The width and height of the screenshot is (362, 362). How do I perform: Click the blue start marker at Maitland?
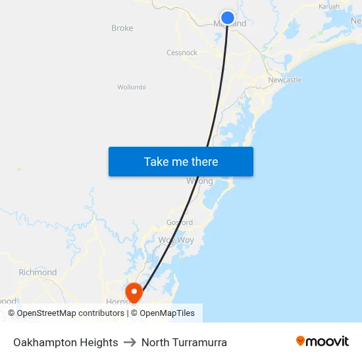coord(227,18)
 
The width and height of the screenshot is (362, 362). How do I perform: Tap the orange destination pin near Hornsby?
coord(134,291)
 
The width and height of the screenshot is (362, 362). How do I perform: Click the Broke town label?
coord(122,28)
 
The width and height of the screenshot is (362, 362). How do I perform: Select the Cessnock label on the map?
coord(182,53)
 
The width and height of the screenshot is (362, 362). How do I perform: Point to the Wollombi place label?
coord(132,87)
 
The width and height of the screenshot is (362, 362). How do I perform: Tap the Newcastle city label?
coord(285,80)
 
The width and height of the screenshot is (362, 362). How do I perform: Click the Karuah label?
coord(329,7)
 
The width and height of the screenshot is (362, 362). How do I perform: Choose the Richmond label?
coord(38,272)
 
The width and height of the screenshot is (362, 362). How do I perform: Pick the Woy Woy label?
coord(176,240)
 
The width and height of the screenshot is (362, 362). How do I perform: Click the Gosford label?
coord(180,222)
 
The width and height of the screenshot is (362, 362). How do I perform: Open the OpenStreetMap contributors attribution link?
coord(66,313)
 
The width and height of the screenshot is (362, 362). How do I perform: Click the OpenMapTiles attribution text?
coord(167,313)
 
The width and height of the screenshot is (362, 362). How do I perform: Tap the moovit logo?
coord(323,342)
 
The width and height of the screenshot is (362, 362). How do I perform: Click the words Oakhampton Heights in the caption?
coord(66,342)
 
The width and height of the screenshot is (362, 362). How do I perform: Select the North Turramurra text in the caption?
coord(184,342)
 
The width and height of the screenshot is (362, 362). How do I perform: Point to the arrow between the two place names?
coord(130,342)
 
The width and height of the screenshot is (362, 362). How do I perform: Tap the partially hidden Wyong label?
coord(199,181)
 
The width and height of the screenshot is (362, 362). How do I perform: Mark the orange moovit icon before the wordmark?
coord(301,341)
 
